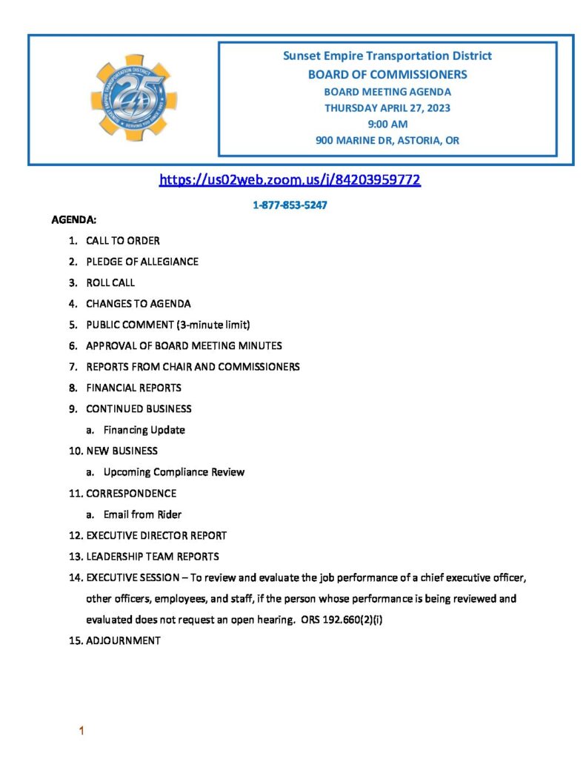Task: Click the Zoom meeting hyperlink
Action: [x=290, y=179]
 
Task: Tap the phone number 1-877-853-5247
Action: [x=290, y=205]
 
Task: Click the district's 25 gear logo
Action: [x=134, y=99]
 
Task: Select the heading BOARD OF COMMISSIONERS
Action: [x=387, y=74]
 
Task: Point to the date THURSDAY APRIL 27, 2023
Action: [x=387, y=107]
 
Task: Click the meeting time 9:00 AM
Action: [x=387, y=124]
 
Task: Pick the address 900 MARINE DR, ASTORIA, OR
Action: [x=387, y=140]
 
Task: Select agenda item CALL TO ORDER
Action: [x=122, y=241]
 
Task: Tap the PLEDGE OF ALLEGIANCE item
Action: [x=141, y=262]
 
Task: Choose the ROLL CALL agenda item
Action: [x=110, y=282]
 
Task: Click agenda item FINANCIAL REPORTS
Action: [x=133, y=388]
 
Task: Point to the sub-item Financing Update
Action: [x=144, y=430]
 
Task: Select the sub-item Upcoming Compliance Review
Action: [x=174, y=471]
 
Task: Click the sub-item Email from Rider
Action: [x=142, y=514]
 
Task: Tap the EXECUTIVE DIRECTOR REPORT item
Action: [x=156, y=535]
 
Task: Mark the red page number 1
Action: [x=81, y=732]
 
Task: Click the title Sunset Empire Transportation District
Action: [x=387, y=56]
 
